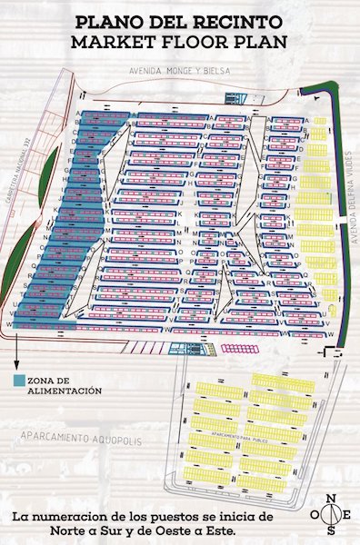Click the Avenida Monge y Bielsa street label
coord(180,71)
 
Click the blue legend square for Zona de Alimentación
coord(19,381)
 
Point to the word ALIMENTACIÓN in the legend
coord(64,391)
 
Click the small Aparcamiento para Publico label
coord(238,436)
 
